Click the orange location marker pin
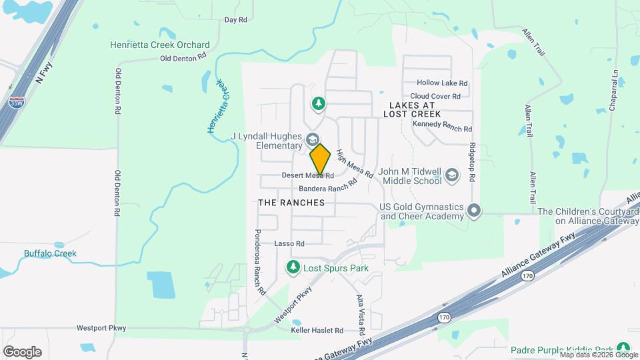(x=321, y=159)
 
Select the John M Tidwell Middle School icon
(x=452, y=175)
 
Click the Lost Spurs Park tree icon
(x=292, y=268)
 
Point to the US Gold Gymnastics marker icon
(x=474, y=211)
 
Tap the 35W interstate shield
(x=15, y=103)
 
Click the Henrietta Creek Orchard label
(x=160, y=45)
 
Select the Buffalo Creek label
(x=50, y=253)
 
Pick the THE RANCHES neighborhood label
(x=291, y=203)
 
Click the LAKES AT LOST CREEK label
(x=412, y=110)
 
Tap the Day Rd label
(x=236, y=20)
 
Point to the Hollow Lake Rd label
(x=442, y=83)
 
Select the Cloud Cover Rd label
(x=436, y=96)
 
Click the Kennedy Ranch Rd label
(x=442, y=129)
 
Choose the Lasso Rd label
(x=289, y=244)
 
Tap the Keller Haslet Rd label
(x=317, y=330)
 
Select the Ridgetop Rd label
(x=472, y=163)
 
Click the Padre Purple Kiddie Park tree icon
(x=623, y=348)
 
